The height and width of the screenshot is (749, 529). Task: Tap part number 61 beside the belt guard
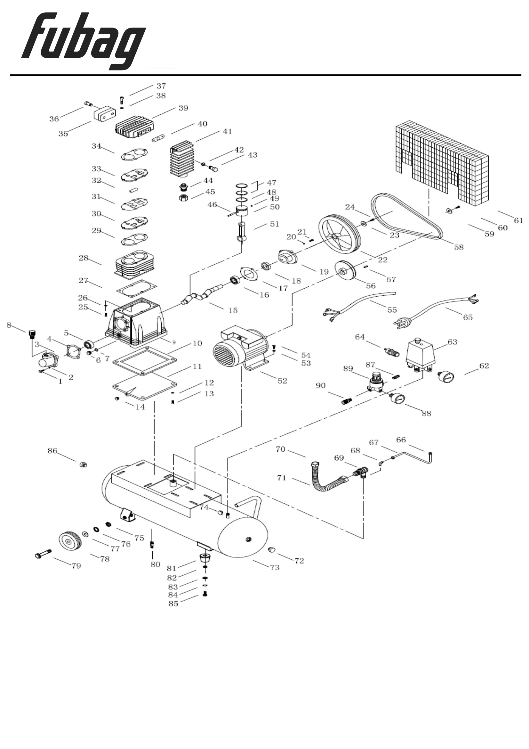click(518, 221)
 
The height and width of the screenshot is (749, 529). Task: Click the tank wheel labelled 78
click(70, 541)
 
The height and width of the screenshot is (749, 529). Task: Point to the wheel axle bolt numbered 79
click(43, 553)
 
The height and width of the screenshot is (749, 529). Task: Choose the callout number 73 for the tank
click(275, 568)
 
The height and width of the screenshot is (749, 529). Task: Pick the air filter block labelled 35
click(105, 113)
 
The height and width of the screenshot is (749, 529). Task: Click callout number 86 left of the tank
click(52, 451)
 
